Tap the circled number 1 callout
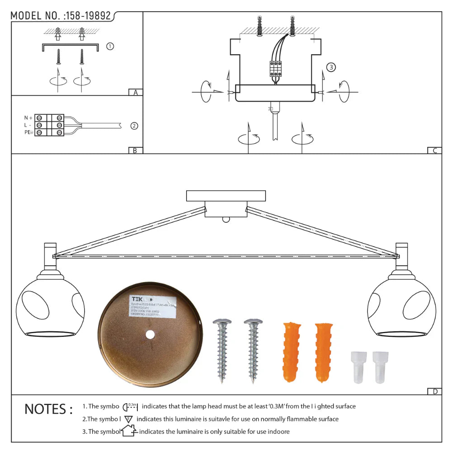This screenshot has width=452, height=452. coord(110,46)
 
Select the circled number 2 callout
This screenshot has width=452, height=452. coord(134,126)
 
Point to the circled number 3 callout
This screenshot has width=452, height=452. coord(331,67)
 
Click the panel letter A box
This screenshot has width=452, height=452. coord(135,93)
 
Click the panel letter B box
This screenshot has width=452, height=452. coord(135,151)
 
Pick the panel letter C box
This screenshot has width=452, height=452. coord(434,151)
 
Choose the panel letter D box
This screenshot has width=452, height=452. coord(434,391)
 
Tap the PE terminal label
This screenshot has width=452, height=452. coord(28,132)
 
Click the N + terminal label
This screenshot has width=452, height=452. coord(28,118)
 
